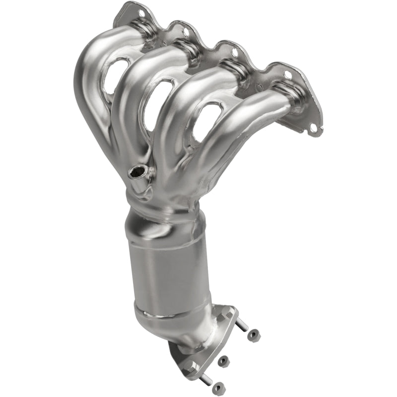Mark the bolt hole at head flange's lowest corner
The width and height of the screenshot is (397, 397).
[x=313, y=128]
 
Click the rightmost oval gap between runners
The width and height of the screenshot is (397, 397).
[x=205, y=121]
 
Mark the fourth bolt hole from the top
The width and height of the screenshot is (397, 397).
[x=287, y=75]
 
